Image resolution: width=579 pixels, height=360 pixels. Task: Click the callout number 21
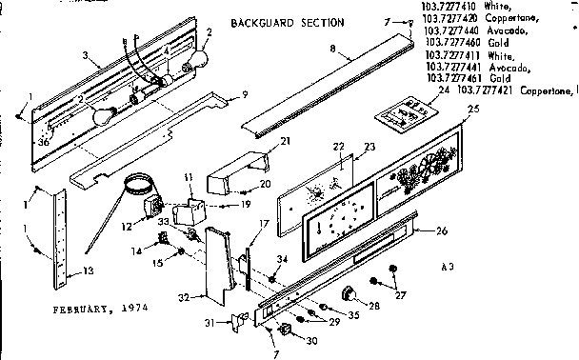[x=258, y=142]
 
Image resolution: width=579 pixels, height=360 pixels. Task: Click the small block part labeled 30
[x=282, y=330]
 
